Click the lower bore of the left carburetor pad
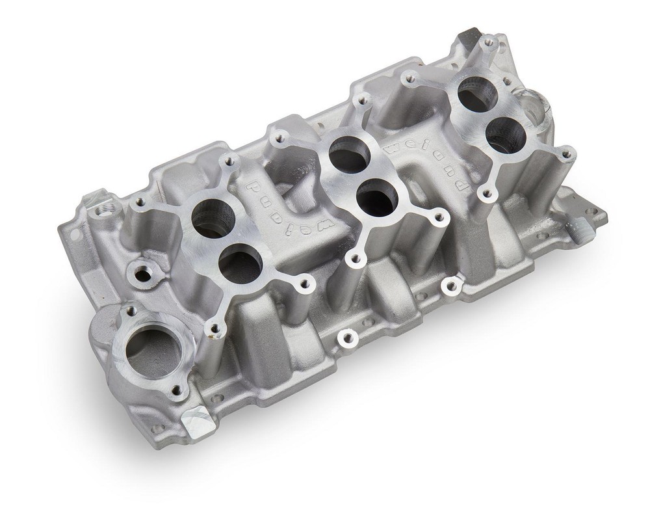(x=240, y=264)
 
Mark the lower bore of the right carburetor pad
(x=504, y=135)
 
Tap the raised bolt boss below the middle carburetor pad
(x=348, y=337)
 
